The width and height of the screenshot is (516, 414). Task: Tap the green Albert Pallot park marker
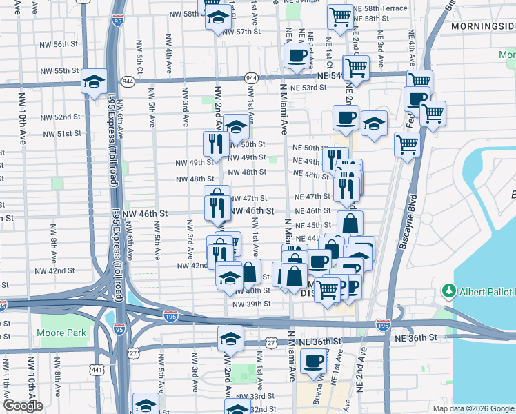(450, 290)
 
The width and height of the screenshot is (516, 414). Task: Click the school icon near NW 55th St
(93, 81)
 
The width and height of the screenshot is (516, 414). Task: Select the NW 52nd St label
(66, 117)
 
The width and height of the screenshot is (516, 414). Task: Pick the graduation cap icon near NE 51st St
(373, 124)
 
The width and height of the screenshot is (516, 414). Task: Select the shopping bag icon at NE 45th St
(350, 223)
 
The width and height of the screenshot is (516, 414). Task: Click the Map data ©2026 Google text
(473, 408)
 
